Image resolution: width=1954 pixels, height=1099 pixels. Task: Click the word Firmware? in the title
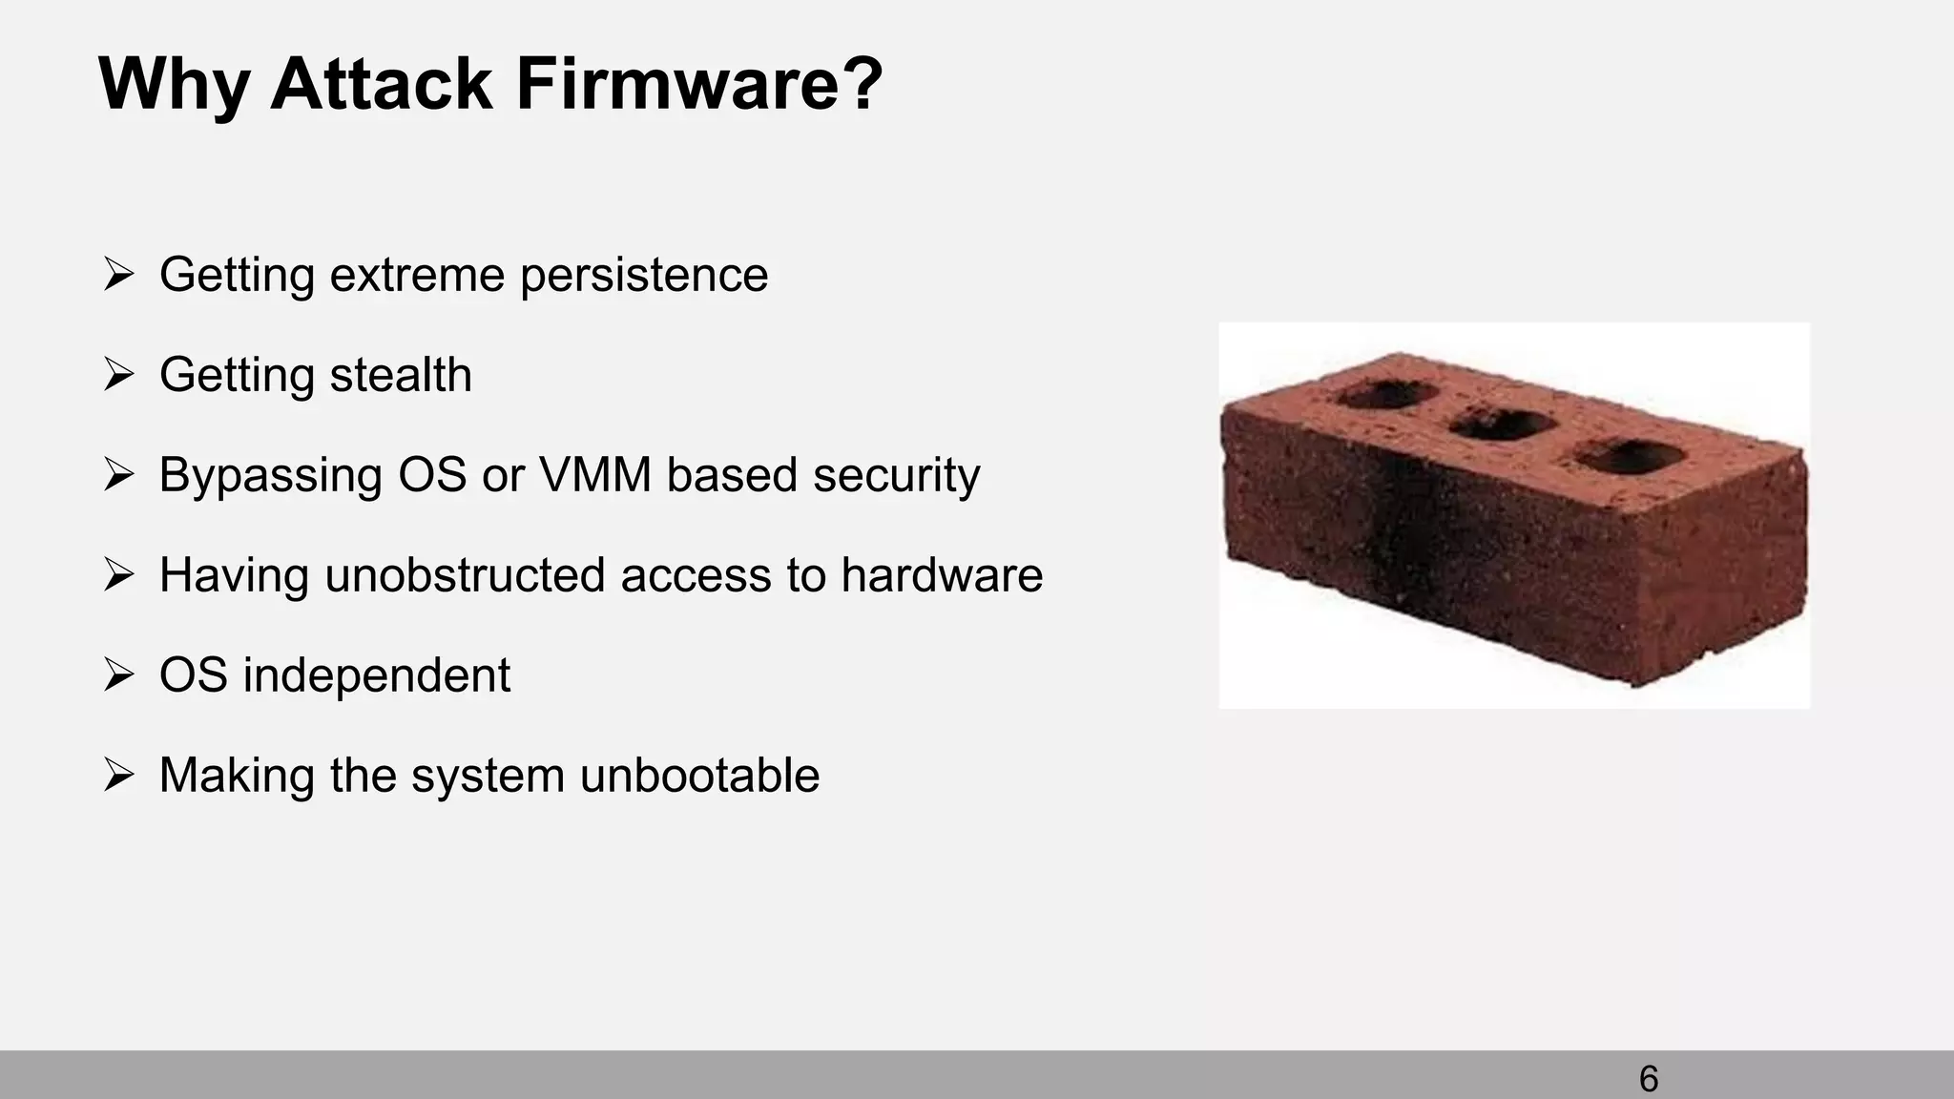point(699,85)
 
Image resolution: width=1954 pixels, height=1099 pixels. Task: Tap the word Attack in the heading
point(381,85)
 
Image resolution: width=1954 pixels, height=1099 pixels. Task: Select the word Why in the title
point(174,85)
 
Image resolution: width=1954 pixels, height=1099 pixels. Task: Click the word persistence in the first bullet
point(644,276)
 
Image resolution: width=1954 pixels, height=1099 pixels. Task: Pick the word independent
point(377,675)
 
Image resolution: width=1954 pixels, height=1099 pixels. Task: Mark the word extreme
point(417,276)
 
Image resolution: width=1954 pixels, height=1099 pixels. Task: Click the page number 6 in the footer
point(1648,1079)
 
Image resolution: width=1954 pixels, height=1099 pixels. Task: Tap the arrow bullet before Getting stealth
point(118,375)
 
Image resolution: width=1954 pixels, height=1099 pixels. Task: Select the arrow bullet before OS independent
point(118,675)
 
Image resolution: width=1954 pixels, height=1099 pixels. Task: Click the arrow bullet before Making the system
point(118,775)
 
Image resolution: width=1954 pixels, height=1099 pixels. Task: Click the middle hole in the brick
point(1502,425)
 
